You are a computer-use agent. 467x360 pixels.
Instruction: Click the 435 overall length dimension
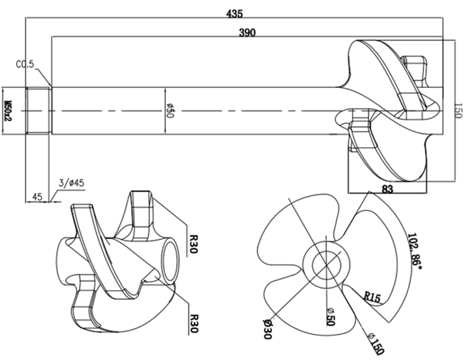click(234, 14)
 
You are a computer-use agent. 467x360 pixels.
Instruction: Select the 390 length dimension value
click(248, 33)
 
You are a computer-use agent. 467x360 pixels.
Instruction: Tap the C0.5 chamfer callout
click(26, 65)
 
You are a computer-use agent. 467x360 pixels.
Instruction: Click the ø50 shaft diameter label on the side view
click(170, 110)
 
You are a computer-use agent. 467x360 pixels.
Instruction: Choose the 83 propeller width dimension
click(387, 189)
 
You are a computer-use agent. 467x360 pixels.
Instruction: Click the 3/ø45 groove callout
click(72, 183)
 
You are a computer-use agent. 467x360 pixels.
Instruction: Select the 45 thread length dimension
click(37, 197)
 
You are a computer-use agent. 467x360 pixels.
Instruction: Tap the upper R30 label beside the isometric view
click(193, 244)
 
